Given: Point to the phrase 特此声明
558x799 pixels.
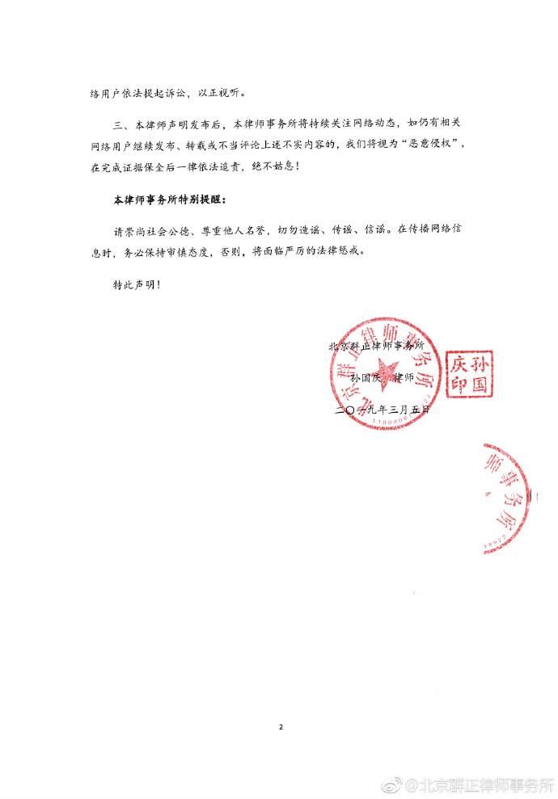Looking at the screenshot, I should (x=131, y=284).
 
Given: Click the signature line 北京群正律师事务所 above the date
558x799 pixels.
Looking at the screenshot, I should (x=375, y=345).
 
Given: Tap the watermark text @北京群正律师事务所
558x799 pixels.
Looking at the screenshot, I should (x=480, y=784).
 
